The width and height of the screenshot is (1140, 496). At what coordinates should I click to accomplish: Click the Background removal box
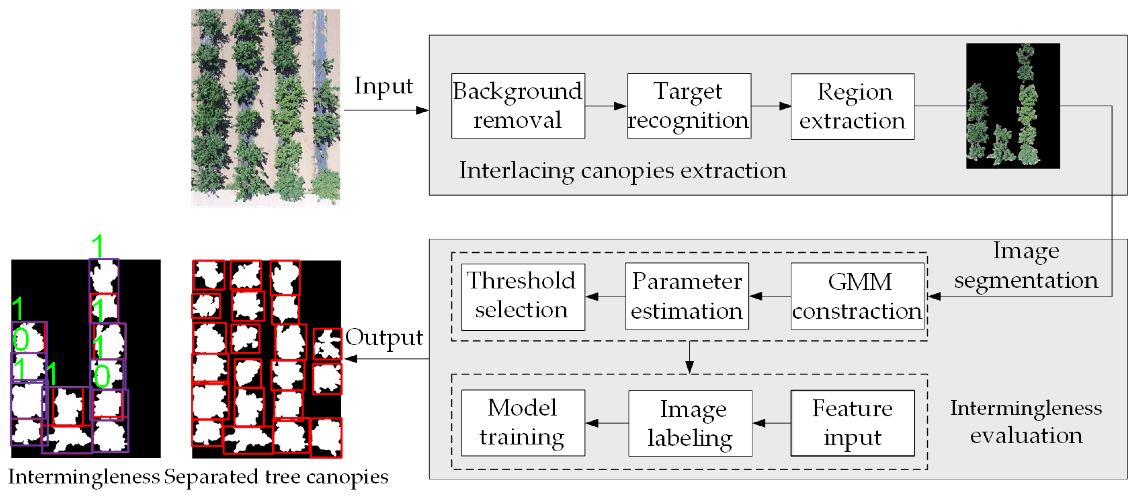(x=518, y=106)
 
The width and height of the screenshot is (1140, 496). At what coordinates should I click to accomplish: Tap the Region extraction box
(x=852, y=106)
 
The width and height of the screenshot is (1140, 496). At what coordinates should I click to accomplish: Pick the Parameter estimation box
(x=686, y=296)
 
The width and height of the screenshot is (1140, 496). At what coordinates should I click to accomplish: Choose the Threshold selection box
(x=523, y=297)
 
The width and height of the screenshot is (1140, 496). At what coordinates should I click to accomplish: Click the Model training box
(x=523, y=423)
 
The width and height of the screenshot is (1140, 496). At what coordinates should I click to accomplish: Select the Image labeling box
(x=690, y=423)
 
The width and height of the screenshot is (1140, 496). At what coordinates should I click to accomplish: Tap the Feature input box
(x=852, y=423)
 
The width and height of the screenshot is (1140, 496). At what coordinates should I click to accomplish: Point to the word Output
(x=384, y=337)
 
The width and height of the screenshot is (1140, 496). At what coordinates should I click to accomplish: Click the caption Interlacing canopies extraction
(x=622, y=171)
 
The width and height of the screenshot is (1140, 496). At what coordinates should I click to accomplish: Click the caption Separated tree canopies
(x=276, y=477)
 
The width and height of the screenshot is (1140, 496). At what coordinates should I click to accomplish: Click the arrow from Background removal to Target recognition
(x=605, y=106)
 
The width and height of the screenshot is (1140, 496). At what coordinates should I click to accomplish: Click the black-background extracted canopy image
(x=1013, y=105)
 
